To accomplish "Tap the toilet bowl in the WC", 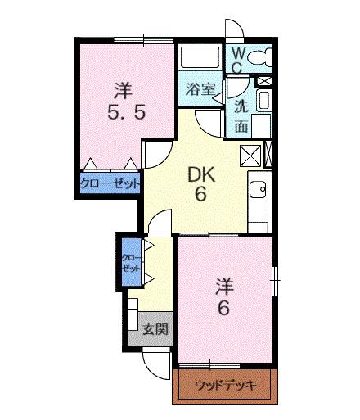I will (260, 58).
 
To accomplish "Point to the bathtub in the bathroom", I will (199, 61).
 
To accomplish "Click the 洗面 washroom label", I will (242, 115).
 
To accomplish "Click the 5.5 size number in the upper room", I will (127, 111).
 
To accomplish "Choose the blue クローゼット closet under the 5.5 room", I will (110, 183).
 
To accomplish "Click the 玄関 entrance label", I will (155, 330).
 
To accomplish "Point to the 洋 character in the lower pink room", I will (225, 287).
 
